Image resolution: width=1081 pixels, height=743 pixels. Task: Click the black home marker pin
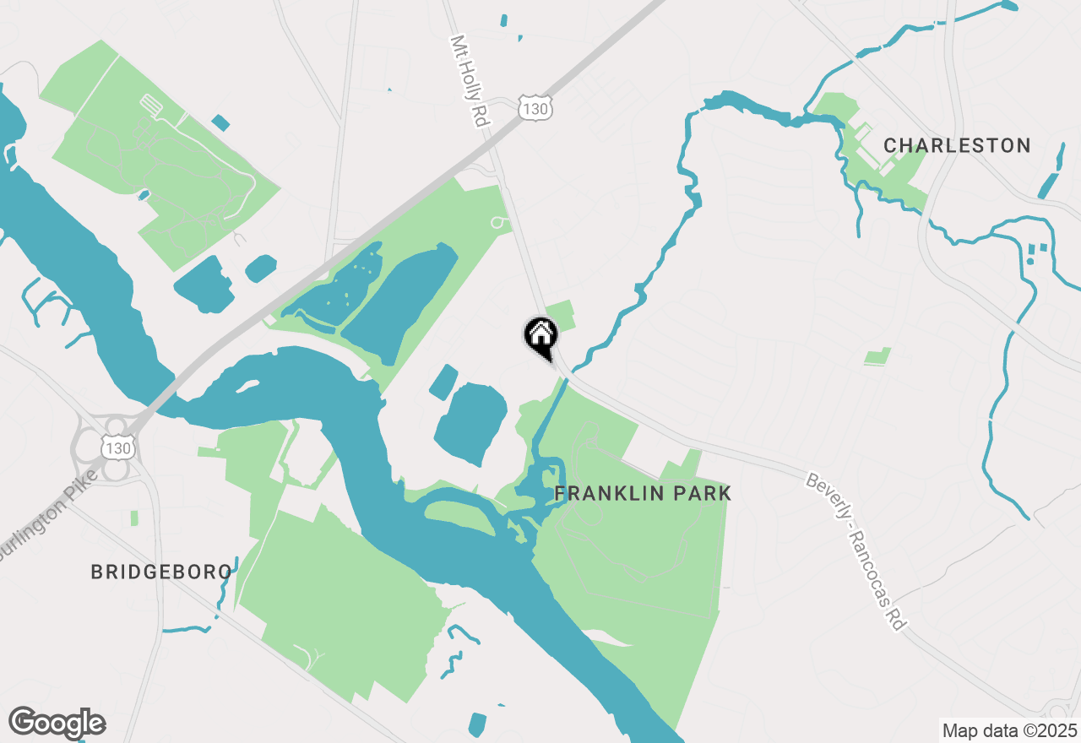[540, 336]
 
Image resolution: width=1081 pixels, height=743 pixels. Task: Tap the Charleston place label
[957, 145]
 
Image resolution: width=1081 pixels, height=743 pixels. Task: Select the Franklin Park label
[642, 493]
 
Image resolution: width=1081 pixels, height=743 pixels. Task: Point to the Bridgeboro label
[161, 572]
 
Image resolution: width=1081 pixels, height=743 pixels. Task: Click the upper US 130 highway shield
[535, 109]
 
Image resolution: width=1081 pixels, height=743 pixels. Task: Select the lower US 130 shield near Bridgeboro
[117, 447]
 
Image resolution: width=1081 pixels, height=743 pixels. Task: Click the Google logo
[57, 723]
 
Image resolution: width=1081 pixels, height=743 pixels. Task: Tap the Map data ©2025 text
[1009, 730]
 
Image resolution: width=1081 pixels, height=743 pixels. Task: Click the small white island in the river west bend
[247, 386]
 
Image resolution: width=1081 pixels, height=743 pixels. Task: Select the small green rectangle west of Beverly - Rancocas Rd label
[878, 356]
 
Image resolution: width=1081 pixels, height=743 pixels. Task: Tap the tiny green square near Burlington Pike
[134, 518]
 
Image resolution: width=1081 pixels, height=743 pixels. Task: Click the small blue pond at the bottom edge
[477, 724]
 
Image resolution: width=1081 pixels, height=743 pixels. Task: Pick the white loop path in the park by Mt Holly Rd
[498, 223]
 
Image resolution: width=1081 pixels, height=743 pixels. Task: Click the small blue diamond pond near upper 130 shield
[220, 122]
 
